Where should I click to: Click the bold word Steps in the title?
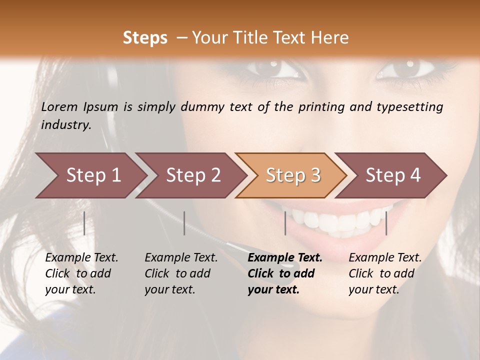tap(145, 38)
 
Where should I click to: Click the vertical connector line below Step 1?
tap(84, 223)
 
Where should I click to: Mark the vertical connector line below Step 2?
tap(184, 223)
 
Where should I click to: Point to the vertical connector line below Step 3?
tap(285, 223)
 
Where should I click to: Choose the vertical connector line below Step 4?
tap(386, 223)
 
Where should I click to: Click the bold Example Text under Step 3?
tap(285, 258)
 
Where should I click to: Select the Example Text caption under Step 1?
tap(81, 258)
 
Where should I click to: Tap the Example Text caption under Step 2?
tap(181, 258)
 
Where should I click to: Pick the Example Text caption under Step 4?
tap(385, 258)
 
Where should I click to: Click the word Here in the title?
tap(331, 38)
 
